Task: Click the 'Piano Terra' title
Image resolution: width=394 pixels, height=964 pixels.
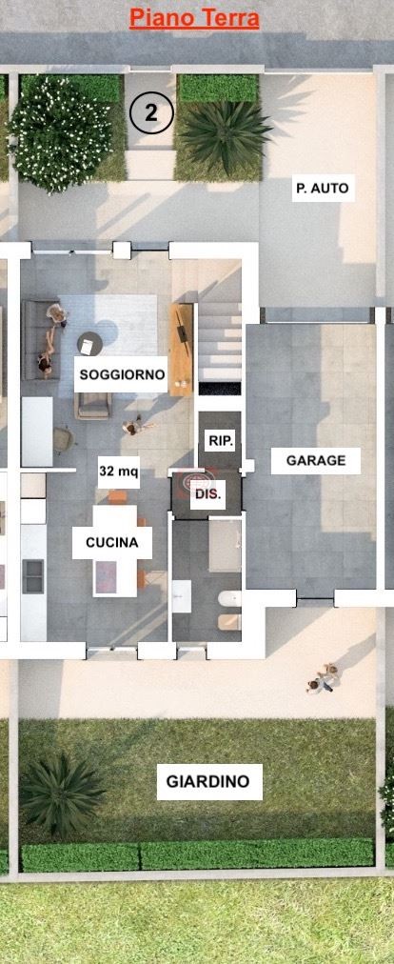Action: click(194, 18)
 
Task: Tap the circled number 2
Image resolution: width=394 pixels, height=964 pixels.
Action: click(150, 114)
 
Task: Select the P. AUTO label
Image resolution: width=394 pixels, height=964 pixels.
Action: click(321, 189)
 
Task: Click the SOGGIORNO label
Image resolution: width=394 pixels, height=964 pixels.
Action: click(122, 374)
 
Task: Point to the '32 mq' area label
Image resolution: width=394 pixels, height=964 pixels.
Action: click(119, 471)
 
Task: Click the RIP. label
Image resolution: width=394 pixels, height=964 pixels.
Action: click(221, 440)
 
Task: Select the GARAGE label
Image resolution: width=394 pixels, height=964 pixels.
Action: click(316, 461)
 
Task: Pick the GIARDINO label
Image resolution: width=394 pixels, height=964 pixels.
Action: click(207, 782)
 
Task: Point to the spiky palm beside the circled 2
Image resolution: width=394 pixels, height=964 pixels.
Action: click(225, 133)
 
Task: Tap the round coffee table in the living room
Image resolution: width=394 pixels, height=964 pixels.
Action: click(89, 343)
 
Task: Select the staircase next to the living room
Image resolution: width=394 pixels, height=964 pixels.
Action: click(220, 343)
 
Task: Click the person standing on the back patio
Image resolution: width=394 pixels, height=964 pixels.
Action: click(324, 678)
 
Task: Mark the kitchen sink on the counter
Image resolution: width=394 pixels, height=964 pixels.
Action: click(32, 574)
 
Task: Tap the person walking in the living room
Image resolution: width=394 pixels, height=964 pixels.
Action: click(136, 428)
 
